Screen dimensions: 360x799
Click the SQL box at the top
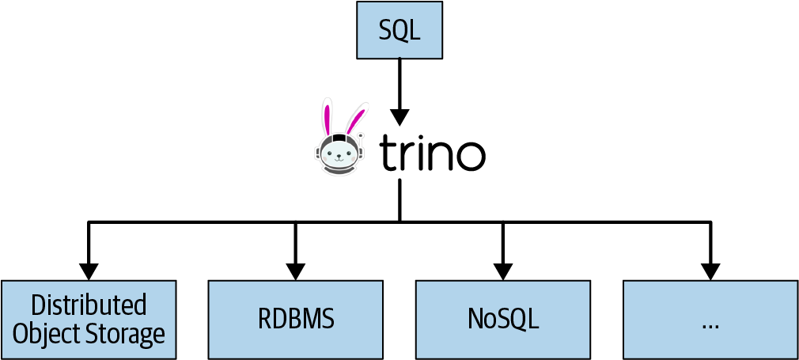399,30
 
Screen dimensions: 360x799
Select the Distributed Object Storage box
88,320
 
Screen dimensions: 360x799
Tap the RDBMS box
295,318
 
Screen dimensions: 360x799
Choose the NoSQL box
503,318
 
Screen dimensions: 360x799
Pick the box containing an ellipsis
710,318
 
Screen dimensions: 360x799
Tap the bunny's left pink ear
326,117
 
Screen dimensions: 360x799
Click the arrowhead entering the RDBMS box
295,271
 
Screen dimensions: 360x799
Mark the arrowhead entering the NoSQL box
503,271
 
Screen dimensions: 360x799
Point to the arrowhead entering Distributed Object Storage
88,271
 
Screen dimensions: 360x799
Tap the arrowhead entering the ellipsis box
710,271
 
